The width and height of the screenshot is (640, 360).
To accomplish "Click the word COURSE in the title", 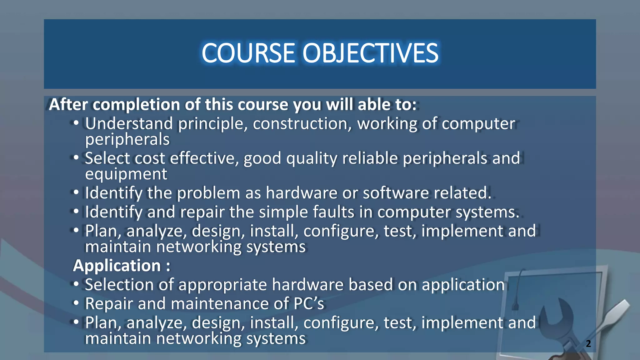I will tap(248, 53).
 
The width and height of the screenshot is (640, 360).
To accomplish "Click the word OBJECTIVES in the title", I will tap(370, 53).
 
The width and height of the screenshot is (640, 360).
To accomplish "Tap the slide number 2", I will tap(588, 343).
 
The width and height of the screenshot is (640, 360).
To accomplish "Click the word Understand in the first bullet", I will tap(129, 124).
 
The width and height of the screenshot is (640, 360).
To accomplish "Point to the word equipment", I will tap(126, 174).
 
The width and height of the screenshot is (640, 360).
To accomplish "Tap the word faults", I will tap(333, 212).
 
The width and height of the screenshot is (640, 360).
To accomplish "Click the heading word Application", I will tap(117, 266).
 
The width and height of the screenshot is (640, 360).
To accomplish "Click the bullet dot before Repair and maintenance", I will tap(76, 303).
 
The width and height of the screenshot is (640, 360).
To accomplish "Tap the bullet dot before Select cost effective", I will tap(76, 157).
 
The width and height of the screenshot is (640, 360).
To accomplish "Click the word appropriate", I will tap(222, 285).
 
